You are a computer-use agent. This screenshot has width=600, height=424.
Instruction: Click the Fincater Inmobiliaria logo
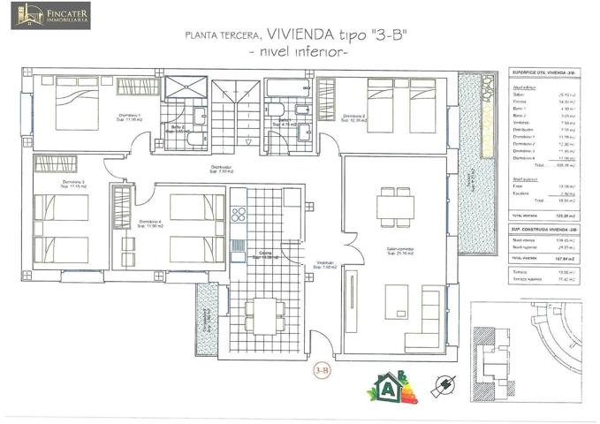pos(50,15)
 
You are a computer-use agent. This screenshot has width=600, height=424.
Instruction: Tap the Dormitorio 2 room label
pos(353,117)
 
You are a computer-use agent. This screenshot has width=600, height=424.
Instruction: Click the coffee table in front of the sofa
pos(399,301)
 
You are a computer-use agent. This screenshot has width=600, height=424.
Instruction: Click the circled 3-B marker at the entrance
pos(323,371)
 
